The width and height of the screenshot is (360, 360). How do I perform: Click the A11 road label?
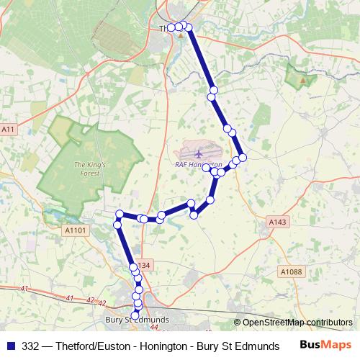click(8, 129)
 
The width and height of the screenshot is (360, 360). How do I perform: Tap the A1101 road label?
click(74, 230)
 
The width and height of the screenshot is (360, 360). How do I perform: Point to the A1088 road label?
click(291, 271)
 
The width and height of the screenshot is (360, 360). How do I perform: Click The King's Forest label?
click(90, 169)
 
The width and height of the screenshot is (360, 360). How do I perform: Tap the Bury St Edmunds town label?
click(137, 319)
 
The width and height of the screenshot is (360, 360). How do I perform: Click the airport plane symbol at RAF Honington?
click(199, 153)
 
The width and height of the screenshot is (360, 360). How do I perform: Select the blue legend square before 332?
click(11, 345)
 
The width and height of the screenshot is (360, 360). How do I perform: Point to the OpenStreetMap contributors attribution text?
click(293, 323)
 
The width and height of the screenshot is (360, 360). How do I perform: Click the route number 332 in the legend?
click(31, 345)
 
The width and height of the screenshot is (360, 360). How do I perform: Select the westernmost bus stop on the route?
click(118, 225)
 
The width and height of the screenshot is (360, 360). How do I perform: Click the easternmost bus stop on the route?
click(243, 157)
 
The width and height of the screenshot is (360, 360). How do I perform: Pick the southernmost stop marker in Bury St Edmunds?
click(135, 315)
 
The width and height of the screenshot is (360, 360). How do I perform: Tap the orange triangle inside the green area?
click(302, 79)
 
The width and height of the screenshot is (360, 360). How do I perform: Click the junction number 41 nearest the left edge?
click(25, 289)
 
